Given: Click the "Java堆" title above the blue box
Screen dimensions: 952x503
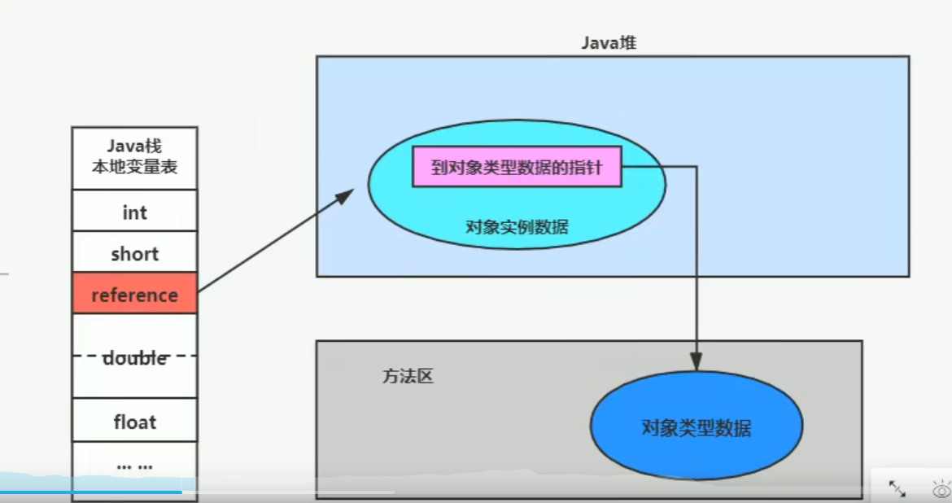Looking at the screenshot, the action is [608, 43].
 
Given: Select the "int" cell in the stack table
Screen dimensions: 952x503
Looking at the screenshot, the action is [134, 212].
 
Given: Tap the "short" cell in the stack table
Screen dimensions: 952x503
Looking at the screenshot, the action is [134, 254].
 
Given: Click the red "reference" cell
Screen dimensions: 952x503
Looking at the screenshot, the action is [134, 295].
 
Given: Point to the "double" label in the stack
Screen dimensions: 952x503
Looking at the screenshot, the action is [134, 358].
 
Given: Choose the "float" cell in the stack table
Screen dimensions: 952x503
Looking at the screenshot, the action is [134, 422].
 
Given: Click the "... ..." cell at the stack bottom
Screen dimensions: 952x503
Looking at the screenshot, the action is [134, 466].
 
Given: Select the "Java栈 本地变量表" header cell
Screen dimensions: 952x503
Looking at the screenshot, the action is [134, 157].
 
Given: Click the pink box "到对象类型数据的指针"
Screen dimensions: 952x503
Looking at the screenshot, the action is [517, 167].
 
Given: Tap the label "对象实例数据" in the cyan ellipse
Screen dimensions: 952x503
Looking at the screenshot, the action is [517, 227].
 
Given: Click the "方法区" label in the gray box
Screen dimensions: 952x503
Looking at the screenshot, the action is [408, 377].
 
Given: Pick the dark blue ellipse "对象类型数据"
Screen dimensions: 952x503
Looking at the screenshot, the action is [696, 427].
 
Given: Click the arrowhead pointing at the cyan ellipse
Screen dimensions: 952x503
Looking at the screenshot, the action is [347, 195].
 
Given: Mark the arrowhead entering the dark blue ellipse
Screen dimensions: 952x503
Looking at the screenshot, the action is [697, 363].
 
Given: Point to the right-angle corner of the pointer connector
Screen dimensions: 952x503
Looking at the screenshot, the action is [697, 167].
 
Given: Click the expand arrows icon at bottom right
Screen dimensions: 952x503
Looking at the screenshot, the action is [897, 488].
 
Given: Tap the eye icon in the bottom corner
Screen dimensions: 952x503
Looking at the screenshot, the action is [941, 489].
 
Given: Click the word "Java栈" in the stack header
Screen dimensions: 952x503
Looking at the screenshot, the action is [134, 147].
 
